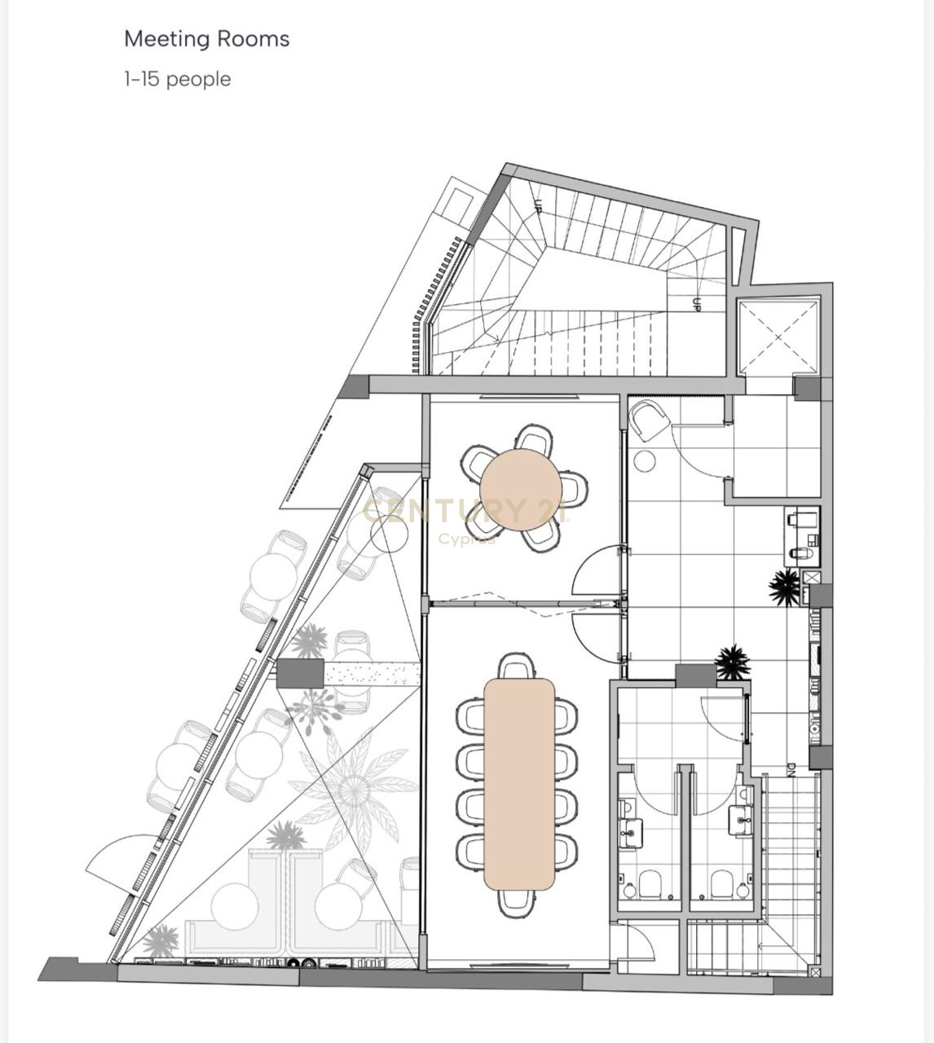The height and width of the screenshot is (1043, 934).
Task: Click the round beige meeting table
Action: (521, 490)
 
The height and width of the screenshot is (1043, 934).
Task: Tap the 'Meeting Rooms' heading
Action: (207, 39)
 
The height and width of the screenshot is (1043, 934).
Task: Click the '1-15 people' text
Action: (178, 79)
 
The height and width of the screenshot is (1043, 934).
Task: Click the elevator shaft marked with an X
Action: (778, 337)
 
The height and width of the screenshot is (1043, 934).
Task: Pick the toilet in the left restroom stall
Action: (650, 884)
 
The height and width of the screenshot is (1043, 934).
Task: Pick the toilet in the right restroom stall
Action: (721, 884)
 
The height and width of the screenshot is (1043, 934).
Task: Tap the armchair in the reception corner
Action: (650, 421)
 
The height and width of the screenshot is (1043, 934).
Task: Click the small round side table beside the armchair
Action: (644, 460)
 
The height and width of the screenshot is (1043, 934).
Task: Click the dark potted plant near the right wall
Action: (785, 587)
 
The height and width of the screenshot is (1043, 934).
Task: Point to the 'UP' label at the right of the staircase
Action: (697, 305)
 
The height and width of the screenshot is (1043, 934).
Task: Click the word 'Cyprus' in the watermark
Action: (468, 539)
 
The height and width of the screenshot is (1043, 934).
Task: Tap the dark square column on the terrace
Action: (300, 673)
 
